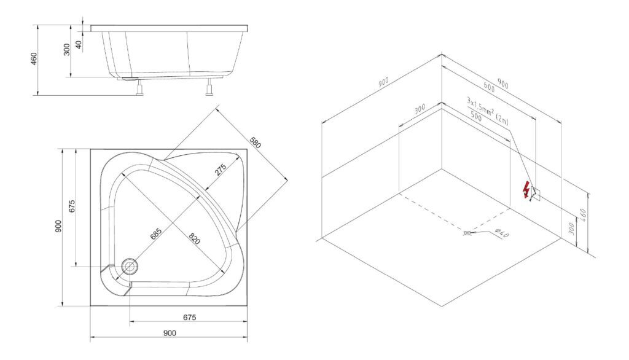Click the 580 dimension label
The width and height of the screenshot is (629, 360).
tap(255, 143)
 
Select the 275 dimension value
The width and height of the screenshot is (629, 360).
tap(221, 170)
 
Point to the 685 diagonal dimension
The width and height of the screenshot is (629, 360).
tap(156, 233)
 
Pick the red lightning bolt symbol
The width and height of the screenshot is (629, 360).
tap(526, 190)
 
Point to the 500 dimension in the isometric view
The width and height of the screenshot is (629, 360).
tap(476, 117)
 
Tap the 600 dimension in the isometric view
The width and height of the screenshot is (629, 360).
tap(488, 87)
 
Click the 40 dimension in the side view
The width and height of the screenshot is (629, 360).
tap(79, 45)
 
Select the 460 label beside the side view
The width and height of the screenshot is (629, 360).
tap(34, 58)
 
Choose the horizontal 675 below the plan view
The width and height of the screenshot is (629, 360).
tap(189, 318)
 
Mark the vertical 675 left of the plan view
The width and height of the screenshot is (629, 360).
tap(72, 206)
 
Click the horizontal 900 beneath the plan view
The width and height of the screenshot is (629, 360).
tap(170, 333)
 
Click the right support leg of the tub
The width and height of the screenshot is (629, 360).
tap(209, 87)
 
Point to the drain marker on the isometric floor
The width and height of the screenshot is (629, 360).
tap(467, 233)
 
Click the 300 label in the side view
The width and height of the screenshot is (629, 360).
tap(66, 49)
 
